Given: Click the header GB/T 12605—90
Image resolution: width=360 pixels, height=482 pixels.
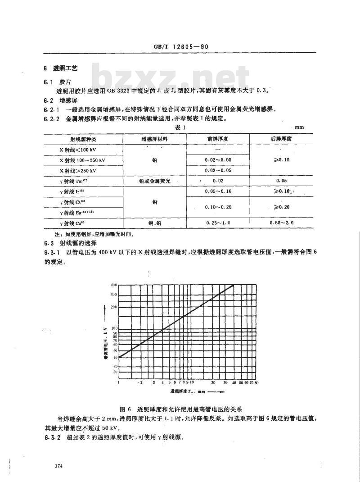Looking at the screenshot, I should (x=180, y=47).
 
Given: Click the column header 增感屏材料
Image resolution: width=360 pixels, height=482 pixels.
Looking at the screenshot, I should (x=154, y=139).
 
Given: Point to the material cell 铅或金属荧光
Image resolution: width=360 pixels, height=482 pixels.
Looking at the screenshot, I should (x=154, y=181).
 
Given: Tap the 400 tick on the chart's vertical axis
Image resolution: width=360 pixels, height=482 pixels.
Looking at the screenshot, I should (x=114, y=285).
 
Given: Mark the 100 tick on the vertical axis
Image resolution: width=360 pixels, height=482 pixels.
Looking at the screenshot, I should (x=114, y=328).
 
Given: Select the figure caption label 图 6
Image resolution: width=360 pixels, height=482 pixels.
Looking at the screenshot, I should (x=125, y=409).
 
